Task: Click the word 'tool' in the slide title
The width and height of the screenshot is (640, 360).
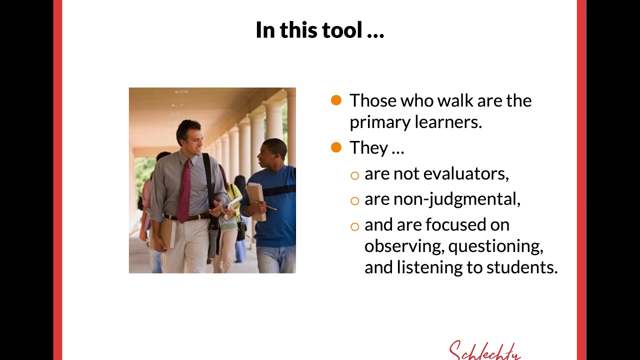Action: pos(342,30)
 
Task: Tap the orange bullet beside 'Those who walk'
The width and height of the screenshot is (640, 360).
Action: pos(336,100)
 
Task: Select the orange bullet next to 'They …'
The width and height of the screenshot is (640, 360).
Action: pos(336,147)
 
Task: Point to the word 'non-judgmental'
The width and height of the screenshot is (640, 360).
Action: pos(456,199)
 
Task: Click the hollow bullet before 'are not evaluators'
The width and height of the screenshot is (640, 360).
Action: pos(354,175)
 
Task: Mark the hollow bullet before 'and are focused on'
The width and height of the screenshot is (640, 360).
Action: pos(354,226)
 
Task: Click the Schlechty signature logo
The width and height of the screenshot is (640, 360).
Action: pos(484,350)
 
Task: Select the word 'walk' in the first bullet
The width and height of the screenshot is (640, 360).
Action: pos(455,100)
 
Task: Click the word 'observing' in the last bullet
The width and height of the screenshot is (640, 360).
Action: pos(403,246)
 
